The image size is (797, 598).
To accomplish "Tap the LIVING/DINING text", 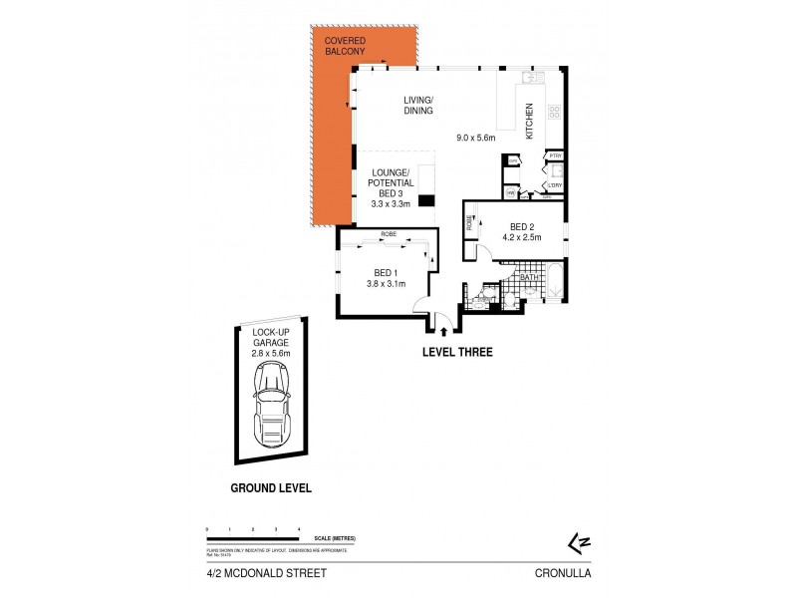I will click(x=418, y=106).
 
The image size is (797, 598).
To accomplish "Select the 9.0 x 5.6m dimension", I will click(x=476, y=137).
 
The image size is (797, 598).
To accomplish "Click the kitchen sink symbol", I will click(x=532, y=76).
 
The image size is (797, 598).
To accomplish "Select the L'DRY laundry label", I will click(x=555, y=184).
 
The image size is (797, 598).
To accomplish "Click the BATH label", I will click(x=530, y=278).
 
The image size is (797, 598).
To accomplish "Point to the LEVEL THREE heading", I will click(x=457, y=352).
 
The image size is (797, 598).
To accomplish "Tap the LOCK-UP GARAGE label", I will click(x=271, y=341).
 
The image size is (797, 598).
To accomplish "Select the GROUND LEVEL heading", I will click(x=271, y=488).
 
